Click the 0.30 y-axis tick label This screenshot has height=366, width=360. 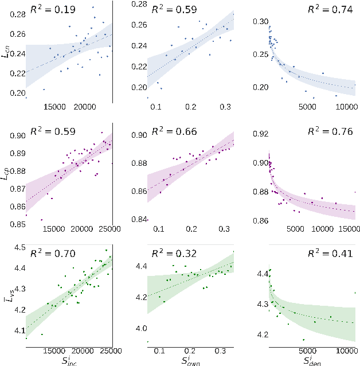pyautogui.click(x=260, y=21)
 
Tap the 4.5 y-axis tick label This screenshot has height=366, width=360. pyautogui.click(x=19, y=247)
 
